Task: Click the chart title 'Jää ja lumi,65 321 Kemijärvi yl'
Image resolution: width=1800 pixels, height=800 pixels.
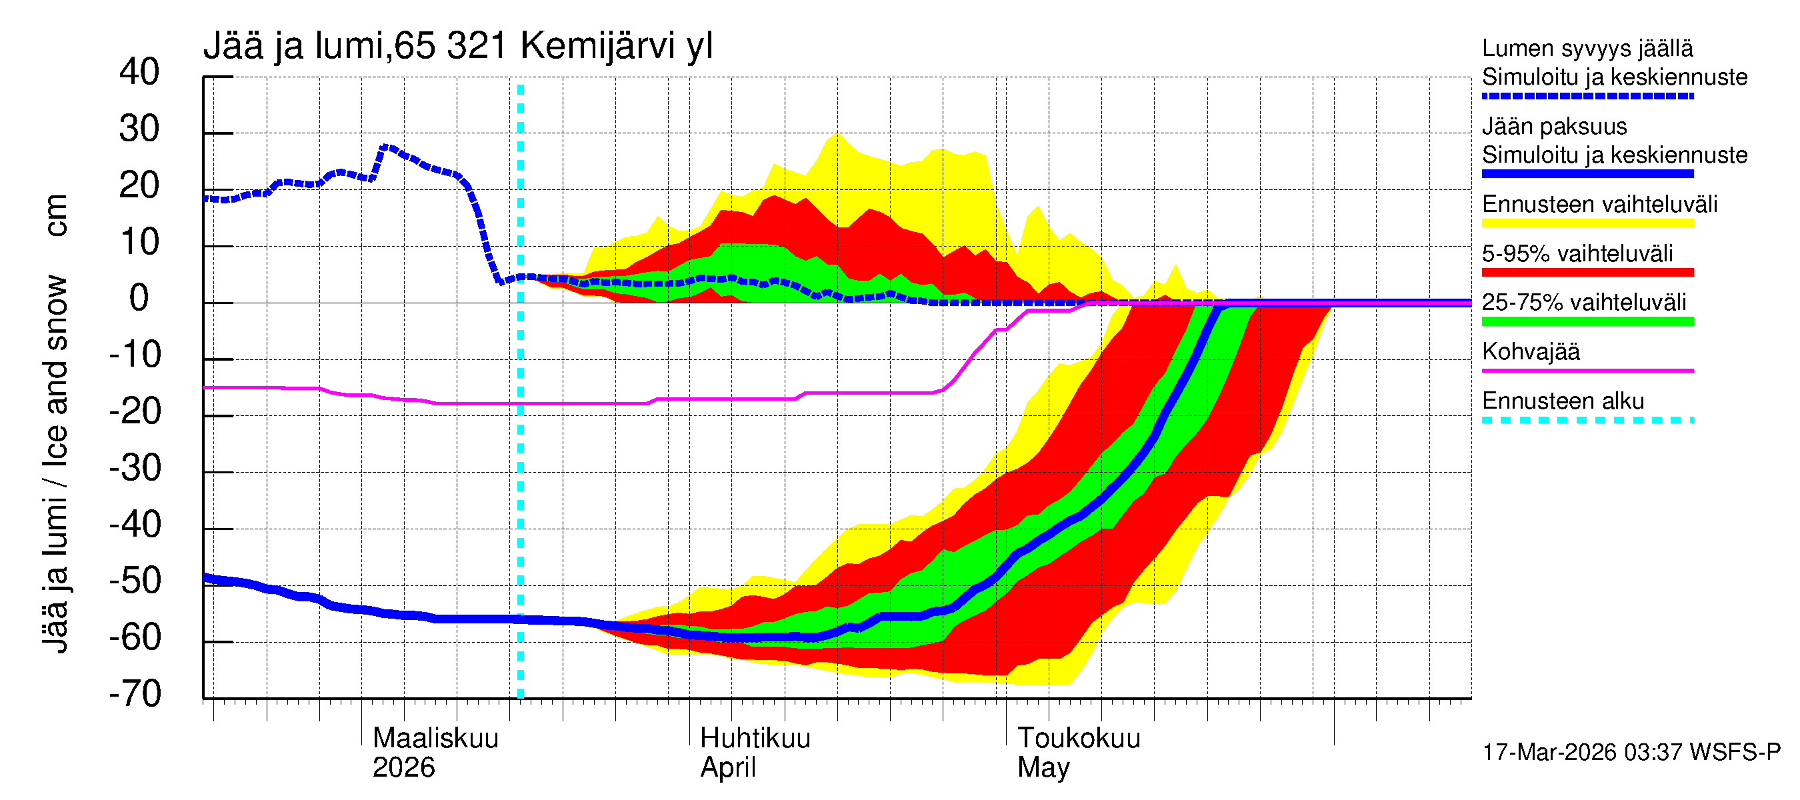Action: click(x=458, y=46)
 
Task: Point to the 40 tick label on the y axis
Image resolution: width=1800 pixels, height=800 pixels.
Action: click(x=139, y=72)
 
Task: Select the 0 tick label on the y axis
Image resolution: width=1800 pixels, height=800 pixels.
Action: click(x=139, y=299)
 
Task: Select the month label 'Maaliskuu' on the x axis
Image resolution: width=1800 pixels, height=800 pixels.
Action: click(x=435, y=738)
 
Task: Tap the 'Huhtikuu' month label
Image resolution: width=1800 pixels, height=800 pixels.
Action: click(x=755, y=738)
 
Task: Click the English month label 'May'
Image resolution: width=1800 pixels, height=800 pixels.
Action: click(x=1043, y=767)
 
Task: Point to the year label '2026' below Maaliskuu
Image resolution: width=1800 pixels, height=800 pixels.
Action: click(x=403, y=767)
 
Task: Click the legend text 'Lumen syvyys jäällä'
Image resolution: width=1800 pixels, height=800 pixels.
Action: click(x=1587, y=48)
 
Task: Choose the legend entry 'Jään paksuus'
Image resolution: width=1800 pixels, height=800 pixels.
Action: click(x=1554, y=127)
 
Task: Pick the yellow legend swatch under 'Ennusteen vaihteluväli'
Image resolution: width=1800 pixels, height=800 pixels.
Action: click(x=1587, y=223)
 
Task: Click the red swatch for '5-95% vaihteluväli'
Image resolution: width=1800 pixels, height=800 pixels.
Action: click(x=1587, y=273)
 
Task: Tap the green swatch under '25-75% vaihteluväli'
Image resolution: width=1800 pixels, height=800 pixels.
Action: click(x=1587, y=321)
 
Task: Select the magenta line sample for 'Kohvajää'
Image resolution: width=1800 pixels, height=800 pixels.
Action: click(x=1587, y=370)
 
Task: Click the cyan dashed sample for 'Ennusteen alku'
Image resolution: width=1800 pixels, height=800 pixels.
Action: click(x=1587, y=420)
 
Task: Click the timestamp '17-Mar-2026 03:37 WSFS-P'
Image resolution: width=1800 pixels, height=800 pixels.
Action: click(x=1631, y=752)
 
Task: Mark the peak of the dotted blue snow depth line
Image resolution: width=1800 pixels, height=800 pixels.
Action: click(x=387, y=147)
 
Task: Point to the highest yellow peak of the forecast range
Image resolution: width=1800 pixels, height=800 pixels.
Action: click(x=837, y=133)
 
